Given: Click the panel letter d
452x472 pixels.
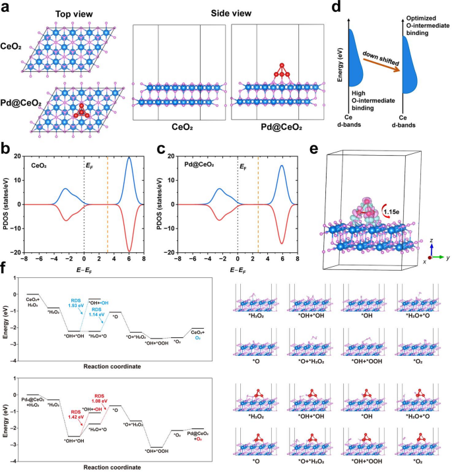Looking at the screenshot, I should coord(338,8).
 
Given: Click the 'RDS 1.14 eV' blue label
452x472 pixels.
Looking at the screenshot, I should coord(97,312).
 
